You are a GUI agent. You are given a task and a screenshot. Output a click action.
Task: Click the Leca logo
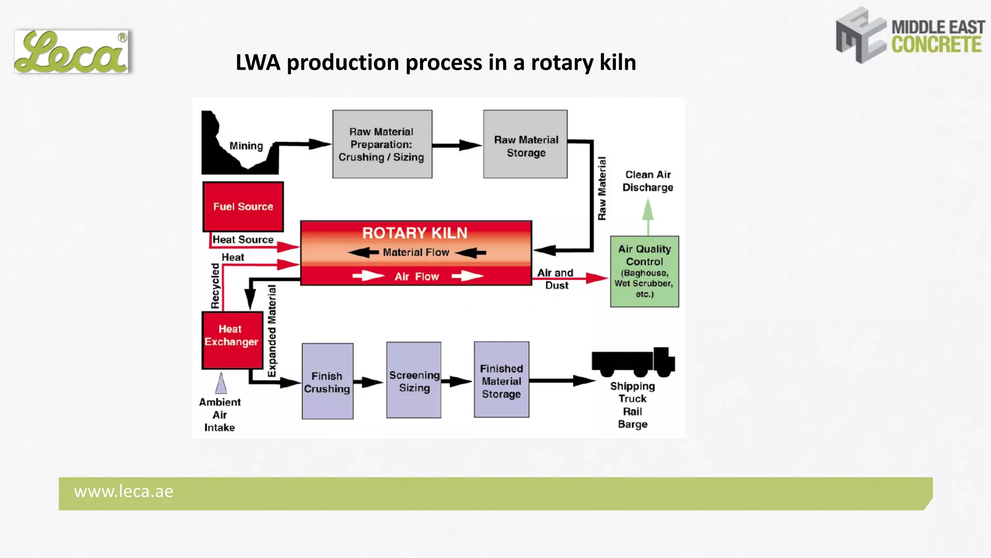[72, 52]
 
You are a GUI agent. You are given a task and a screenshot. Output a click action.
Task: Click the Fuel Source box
[243, 207]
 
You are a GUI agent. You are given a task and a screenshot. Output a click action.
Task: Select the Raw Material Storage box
[525, 144]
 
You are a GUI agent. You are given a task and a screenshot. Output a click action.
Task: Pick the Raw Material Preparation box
[382, 144]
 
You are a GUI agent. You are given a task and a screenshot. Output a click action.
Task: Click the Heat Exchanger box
[232, 340]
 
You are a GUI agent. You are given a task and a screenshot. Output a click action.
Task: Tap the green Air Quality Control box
[644, 271]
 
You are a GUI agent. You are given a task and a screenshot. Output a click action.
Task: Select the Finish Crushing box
[328, 381]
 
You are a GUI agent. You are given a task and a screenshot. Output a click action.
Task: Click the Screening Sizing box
[414, 380]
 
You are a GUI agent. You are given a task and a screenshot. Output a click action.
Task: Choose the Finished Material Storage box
[501, 380]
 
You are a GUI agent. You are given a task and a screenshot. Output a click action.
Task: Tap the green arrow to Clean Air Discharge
[648, 213]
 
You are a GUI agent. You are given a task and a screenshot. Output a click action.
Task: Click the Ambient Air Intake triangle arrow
[221, 383]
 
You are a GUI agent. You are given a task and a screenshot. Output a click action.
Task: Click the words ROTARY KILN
[415, 233]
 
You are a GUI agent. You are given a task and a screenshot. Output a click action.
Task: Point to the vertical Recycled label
[215, 286]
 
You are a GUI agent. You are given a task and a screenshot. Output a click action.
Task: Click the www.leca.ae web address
[123, 492]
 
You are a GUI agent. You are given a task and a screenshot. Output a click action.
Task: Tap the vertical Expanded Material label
[272, 332]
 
